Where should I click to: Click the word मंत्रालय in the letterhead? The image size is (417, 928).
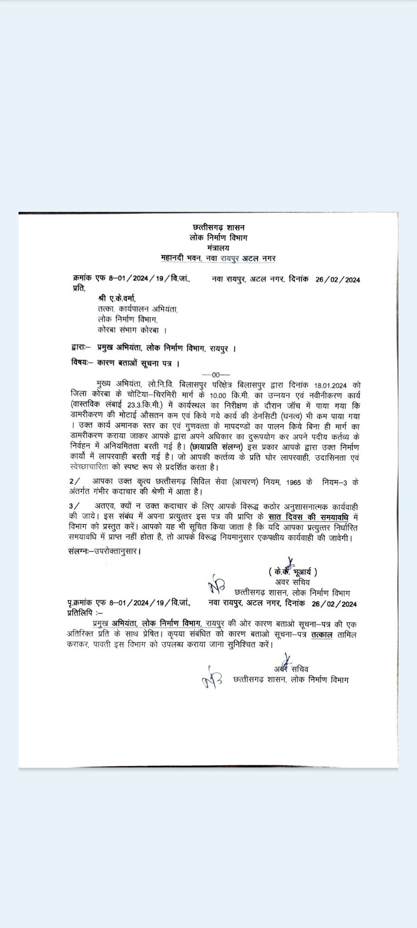coord(219,247)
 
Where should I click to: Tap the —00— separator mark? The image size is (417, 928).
coord(216,374)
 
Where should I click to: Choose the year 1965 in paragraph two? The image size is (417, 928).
coord(294,482)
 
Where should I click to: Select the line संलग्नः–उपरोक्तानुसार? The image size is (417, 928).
coord(104,551)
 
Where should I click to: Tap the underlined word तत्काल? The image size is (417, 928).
coord(322,634)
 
